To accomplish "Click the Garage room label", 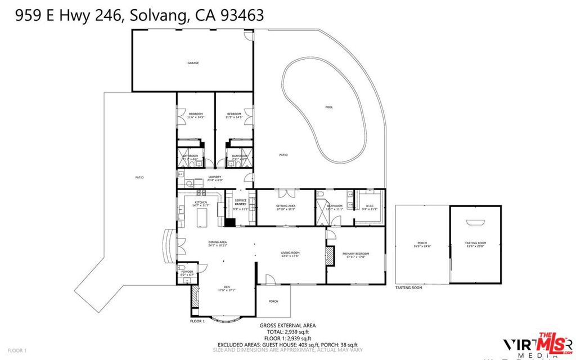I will coord(193,63).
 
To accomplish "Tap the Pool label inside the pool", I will coord(328,107).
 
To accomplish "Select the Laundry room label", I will coord(215,178).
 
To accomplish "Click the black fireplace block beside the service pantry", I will coord(229,221).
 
